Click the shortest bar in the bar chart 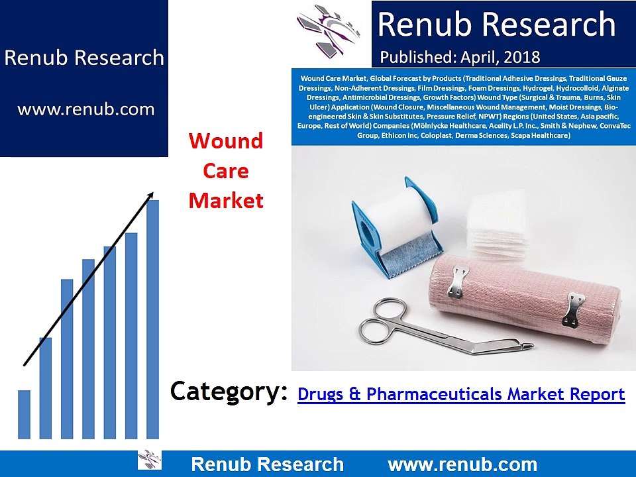(x=24, y=414)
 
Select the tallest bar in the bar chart (x=152, y=319)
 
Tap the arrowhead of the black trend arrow (x=150, y=195)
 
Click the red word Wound (x=226, y=140)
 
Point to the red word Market (x=226, y=200)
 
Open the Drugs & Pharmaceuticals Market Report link (x=461, y=394)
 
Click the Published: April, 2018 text (x=460, y=57)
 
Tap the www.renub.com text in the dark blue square (x=86, y=109)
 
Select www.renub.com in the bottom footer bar (x=462, y=464)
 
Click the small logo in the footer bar (x=150, y=460)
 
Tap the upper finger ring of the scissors (x=389, y=309)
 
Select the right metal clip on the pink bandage (x=573, y=309)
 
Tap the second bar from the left (x=46, y=388)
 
